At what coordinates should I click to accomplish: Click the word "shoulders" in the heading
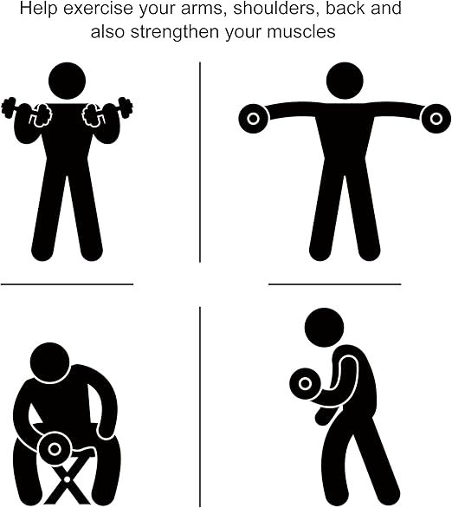(x=274, y=8)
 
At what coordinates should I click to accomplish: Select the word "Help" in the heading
(x=38, y=8)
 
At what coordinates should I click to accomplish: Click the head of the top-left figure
(x=67, y=81)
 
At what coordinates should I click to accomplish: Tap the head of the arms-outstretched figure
(x=345, y=81)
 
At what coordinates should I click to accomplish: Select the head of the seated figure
(x=50, y=361)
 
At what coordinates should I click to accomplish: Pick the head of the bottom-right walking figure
(x=324, y=327)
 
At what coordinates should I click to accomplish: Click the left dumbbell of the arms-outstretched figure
(x=254, y=119)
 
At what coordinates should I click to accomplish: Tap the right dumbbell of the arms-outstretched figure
(x=436, y=119)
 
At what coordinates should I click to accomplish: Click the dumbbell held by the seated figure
(x=55, y=449)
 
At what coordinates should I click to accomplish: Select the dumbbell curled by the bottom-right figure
(x=305, y=384)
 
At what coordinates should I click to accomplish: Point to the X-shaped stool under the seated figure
(x=67, y=480)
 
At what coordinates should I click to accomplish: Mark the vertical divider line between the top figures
(x=200, y=162)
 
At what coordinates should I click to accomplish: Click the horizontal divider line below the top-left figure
(x=67, y=284)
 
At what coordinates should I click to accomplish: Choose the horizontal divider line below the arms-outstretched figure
(x=335, y=284)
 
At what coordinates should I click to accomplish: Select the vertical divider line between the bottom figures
(x=200, y=407)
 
